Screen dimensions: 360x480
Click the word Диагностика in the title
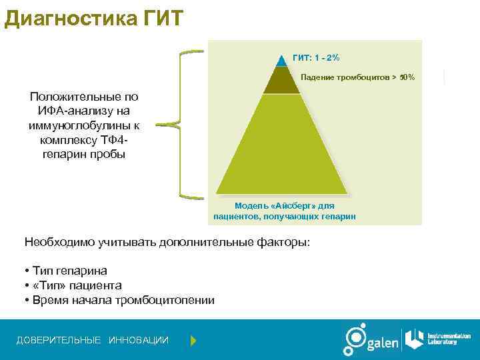coord(71,17)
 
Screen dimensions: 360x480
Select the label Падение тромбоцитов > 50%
coord(357,78)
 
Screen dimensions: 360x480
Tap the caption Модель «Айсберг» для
coord(284,205)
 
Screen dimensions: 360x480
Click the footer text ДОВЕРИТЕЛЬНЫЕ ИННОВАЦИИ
coord(92,341)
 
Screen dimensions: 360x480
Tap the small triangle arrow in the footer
coord(193,341)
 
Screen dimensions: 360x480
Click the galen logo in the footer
coord(371,340)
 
